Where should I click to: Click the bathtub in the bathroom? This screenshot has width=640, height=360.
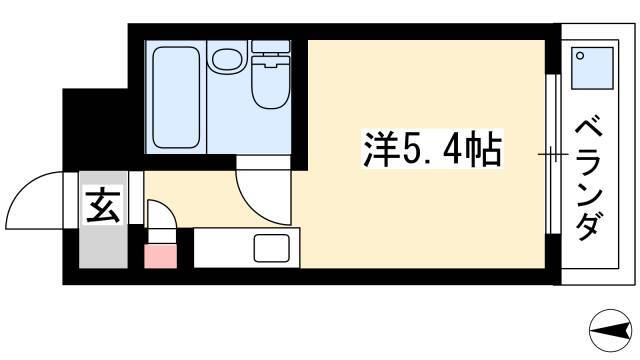tap(176, 97)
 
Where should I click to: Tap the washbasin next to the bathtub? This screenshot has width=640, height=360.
tap(228, 60)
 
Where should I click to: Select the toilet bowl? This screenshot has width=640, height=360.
tap(271, 83)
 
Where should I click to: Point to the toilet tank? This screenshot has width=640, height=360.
tap(271, 46)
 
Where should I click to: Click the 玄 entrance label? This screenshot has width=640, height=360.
tap(103, 205)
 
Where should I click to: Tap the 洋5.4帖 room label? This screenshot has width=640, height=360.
tap(432, 149)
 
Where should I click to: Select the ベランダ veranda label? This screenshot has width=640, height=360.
tap(589, 179)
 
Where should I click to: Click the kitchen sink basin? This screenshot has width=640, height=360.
tap(271, 248)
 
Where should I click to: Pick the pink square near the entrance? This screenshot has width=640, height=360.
tap(160, 256)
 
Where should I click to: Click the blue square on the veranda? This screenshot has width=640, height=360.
tap(592, 68)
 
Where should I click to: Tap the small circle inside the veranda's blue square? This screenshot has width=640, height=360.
tap(580, 56)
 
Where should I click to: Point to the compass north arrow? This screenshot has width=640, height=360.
tap(610, 330)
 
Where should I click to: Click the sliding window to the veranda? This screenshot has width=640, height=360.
tap(553, 154)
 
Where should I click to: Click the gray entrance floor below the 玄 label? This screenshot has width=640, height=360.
tap(103, 246)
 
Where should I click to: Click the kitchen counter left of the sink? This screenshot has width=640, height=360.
tap(223, 248)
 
